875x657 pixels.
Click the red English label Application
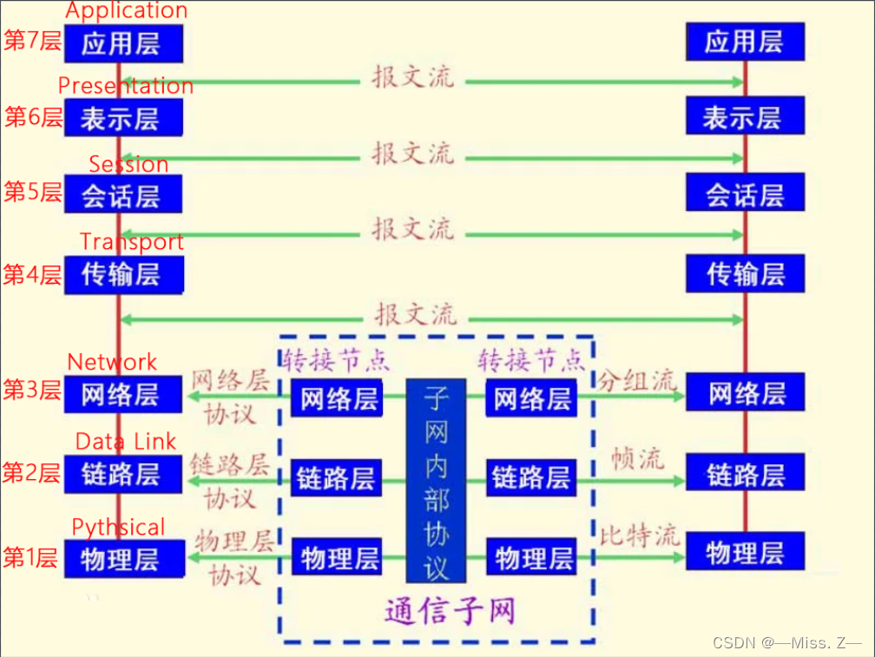(126, 11)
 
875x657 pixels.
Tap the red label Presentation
(125, 85)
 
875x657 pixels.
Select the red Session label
(128, 164)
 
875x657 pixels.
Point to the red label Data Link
(126, 441)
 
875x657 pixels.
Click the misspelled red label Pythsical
(118, 528)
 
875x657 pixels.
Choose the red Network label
(112, 362)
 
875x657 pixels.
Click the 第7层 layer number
(33, 42)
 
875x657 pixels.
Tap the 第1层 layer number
(31, 558)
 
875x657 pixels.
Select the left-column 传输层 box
(122, 275)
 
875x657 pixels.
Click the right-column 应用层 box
(745, 42)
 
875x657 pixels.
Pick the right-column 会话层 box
(745, 195)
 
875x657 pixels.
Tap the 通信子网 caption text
(450, 611)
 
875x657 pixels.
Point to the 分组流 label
(636, 379)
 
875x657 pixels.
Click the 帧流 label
(638, 457)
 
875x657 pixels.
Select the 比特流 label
(639, 535)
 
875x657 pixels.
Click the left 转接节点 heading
(336, 357)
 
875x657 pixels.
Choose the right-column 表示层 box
(745, 117)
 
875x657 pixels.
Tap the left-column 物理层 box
(122, 558)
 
